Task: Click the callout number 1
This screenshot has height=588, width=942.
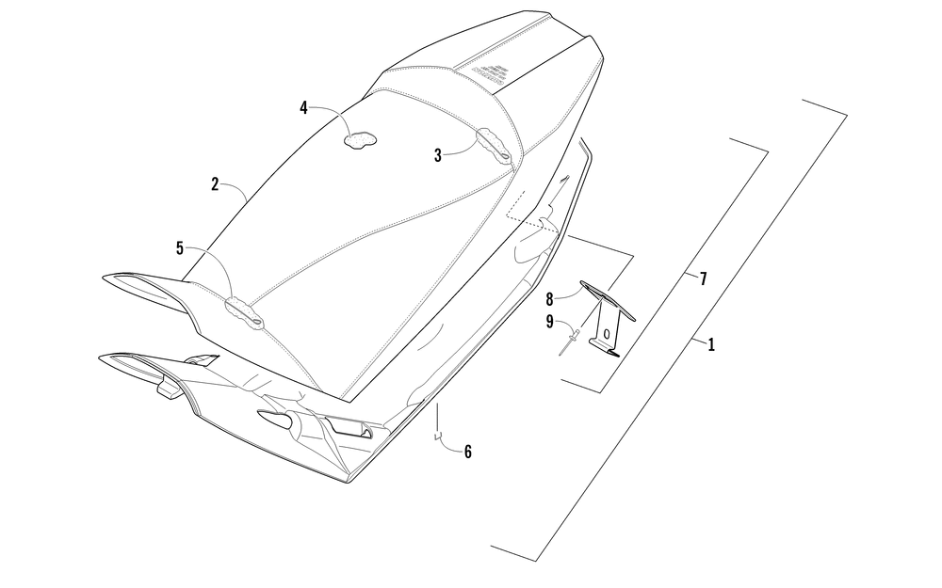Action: coord(711,345)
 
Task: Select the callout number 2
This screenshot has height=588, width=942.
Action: coord(215,184)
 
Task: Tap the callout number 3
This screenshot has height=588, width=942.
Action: coord(438,155)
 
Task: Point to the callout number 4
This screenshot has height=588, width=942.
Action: coord(304,108)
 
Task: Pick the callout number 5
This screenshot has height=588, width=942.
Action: coord(180,248)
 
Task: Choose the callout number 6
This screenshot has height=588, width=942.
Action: coord(468,452)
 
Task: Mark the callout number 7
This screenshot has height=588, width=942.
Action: coord(702,278)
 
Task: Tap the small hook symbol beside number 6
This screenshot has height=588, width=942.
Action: coord(437,436)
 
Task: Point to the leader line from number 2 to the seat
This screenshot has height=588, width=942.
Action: coord(237,188)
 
